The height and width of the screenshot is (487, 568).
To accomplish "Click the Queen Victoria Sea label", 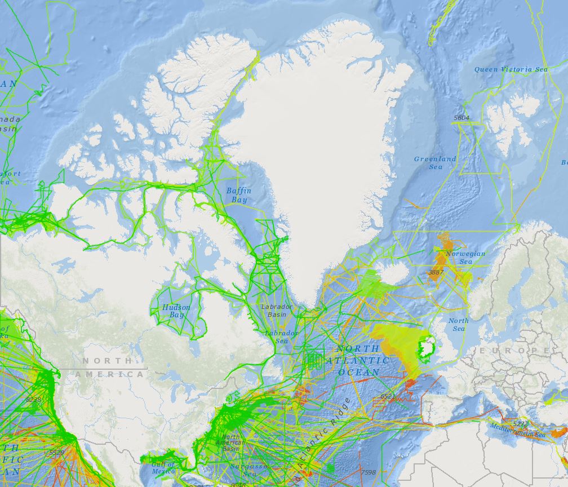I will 511,69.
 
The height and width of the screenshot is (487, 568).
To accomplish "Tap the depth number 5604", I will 461,118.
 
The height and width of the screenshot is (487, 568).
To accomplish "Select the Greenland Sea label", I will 435,163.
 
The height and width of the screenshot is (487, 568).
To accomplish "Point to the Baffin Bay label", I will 239,196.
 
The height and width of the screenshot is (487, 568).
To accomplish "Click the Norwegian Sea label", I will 465,258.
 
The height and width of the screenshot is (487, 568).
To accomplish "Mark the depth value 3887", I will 436,272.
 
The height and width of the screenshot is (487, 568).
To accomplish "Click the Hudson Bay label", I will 176,311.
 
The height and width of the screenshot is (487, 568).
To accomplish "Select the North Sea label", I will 458,325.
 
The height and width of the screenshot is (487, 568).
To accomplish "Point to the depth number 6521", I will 388,397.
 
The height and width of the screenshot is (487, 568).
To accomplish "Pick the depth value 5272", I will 520,423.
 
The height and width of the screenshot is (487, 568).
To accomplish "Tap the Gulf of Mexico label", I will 163,467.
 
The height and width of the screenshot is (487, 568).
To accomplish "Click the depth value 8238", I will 34,400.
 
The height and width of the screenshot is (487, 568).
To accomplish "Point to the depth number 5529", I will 56,453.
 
